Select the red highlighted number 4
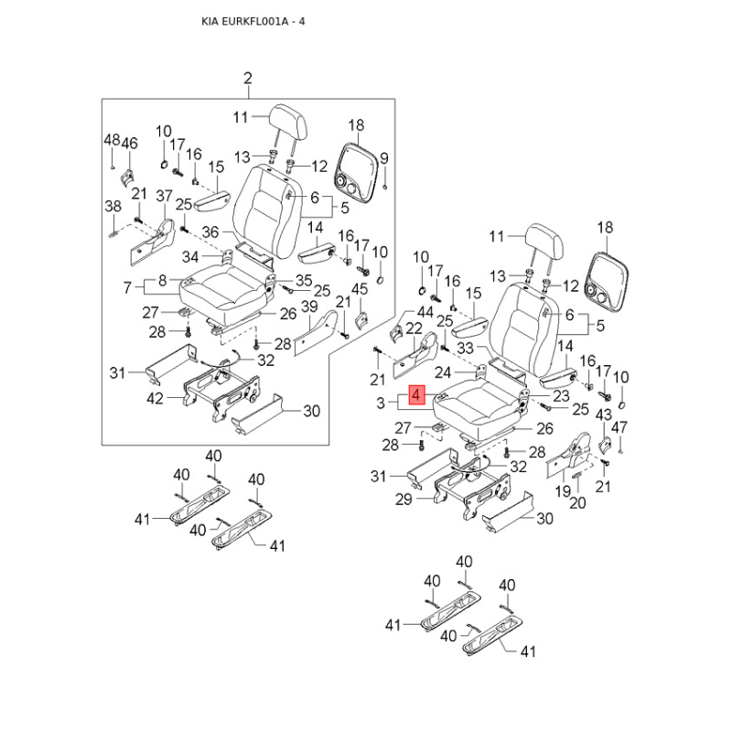point(416,396)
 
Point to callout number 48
point(111,140)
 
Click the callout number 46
point(129,143)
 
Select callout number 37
point(164,196)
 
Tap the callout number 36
point(210,232)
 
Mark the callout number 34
point(189,255)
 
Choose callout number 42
point(155,398)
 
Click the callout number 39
point(309,306)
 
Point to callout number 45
point(361,289)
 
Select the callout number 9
point(384,157)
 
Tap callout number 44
point(400,312)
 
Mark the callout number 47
point(619,426)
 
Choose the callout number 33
point(465,349)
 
